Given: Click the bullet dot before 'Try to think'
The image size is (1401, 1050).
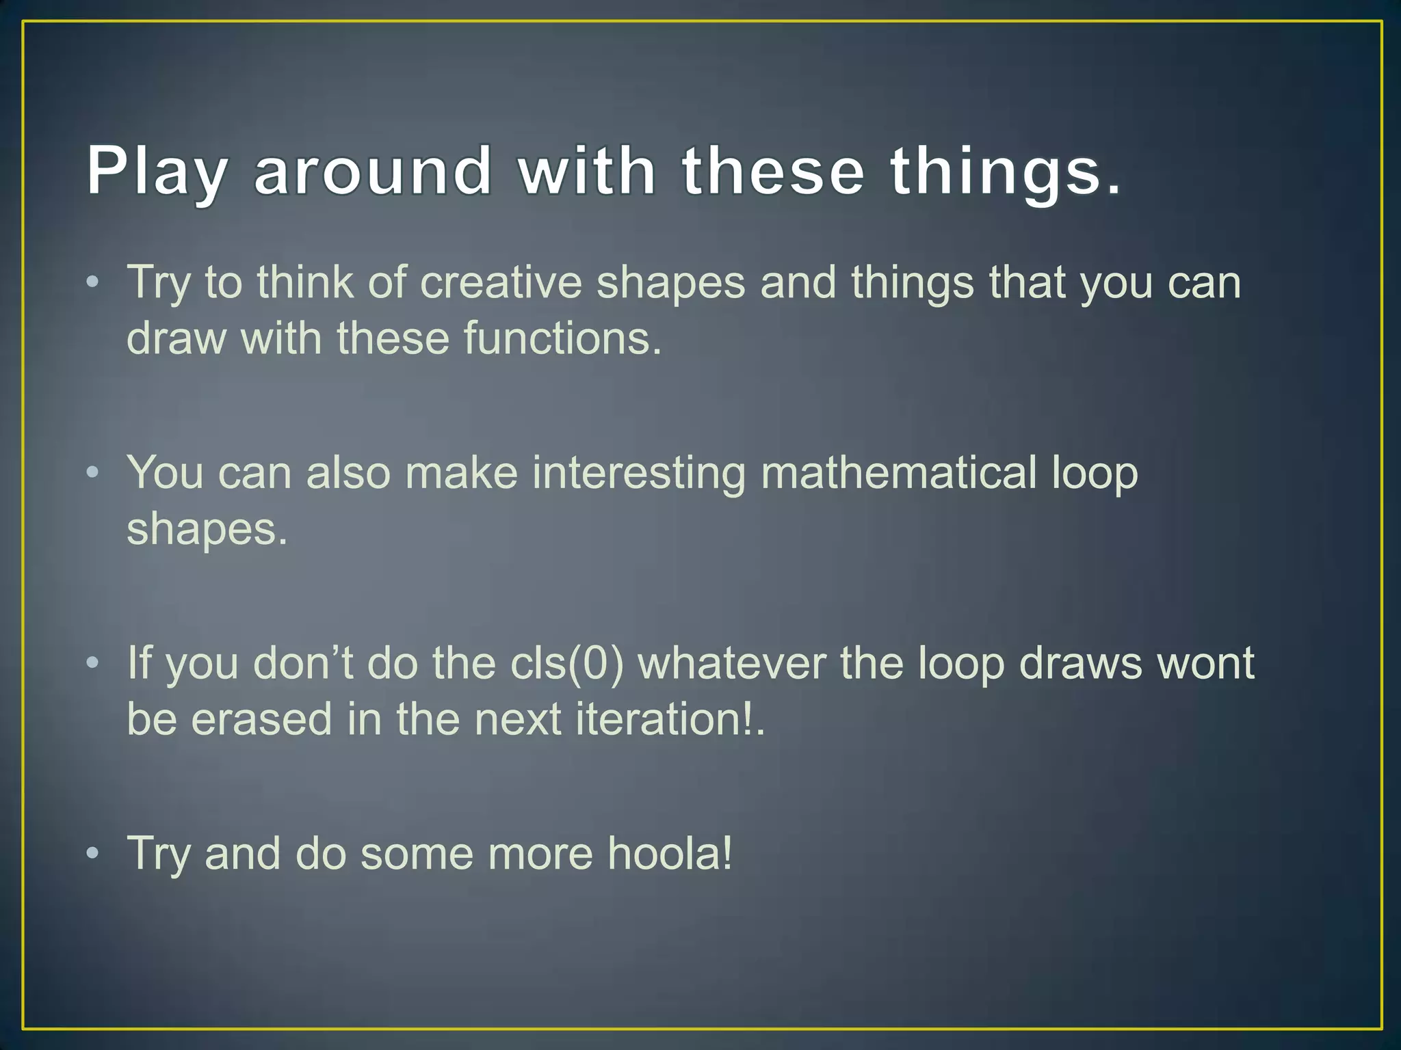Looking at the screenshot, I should [x=93, y=282].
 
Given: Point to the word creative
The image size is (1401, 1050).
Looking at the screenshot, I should [x=500, y=282].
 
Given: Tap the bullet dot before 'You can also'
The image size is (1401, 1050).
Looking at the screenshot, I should [x=93, y=472].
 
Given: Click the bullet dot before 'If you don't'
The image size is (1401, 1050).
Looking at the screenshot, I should [x=93, y=662].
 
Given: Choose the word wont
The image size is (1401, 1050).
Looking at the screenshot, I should [x=1205, y=662].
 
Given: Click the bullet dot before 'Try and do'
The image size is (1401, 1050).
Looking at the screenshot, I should [x=93, y=853].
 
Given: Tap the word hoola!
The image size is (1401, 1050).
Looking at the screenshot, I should [x=670, y=853].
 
